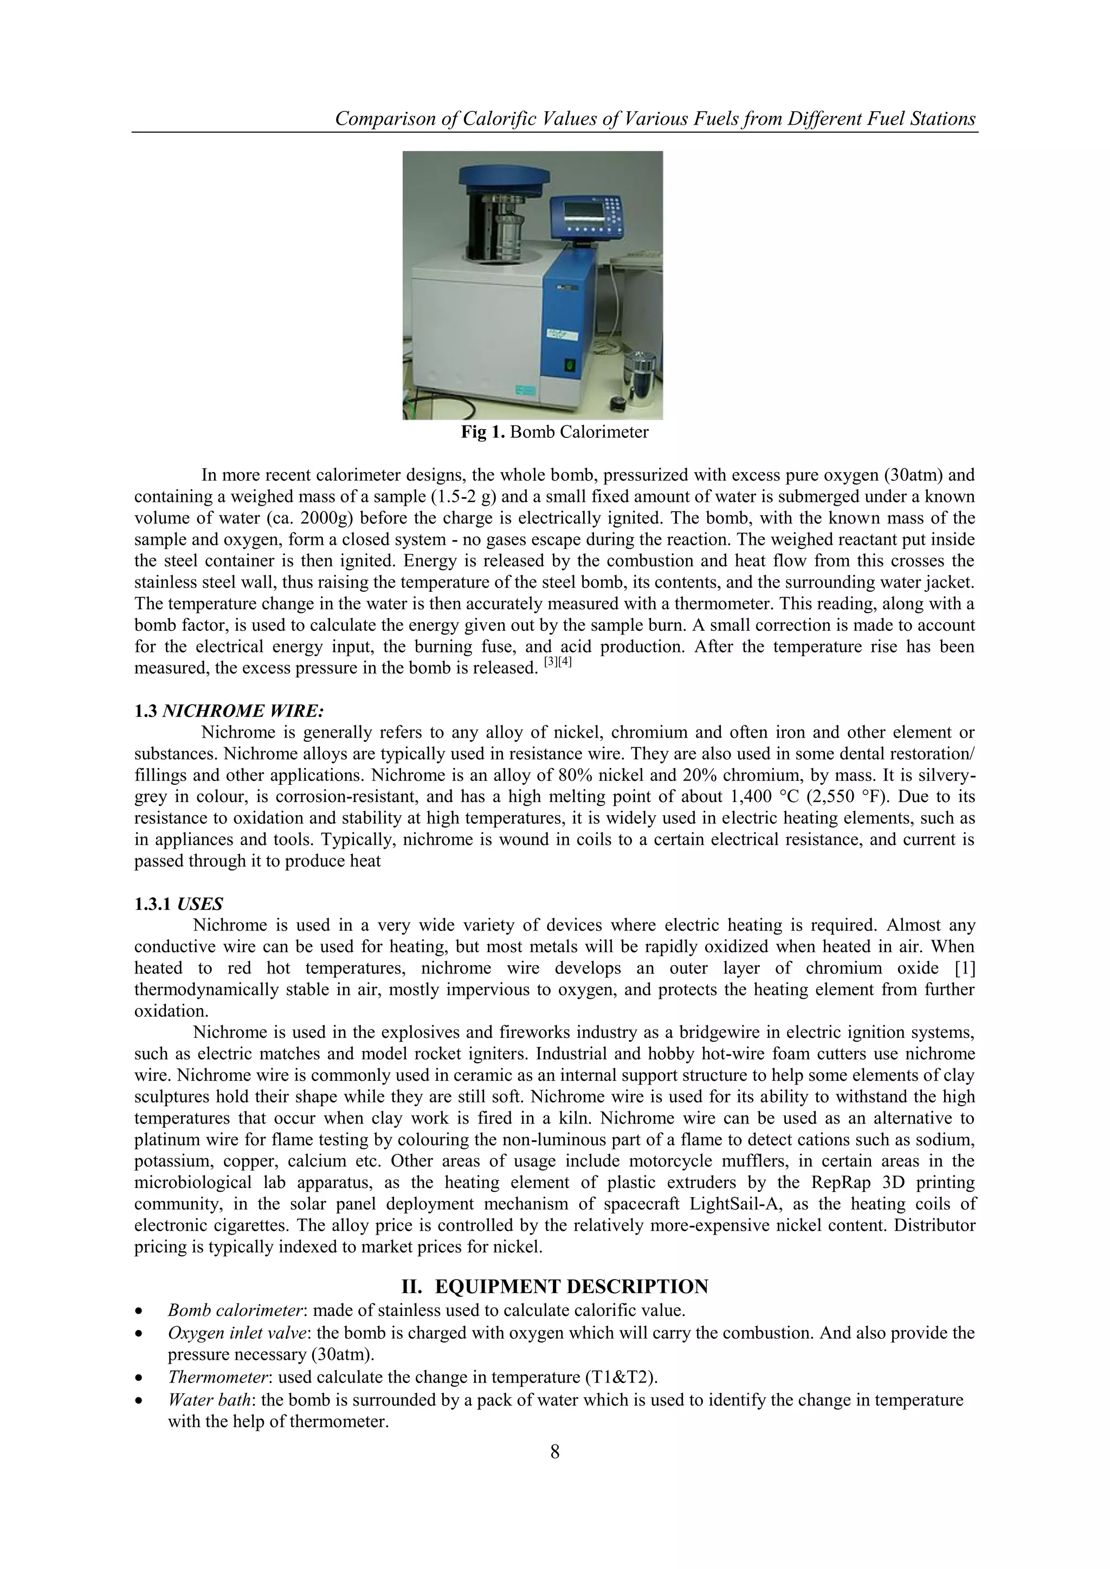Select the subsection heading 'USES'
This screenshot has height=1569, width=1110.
[200, 903]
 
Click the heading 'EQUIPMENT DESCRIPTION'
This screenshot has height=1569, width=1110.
[571, 1286]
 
